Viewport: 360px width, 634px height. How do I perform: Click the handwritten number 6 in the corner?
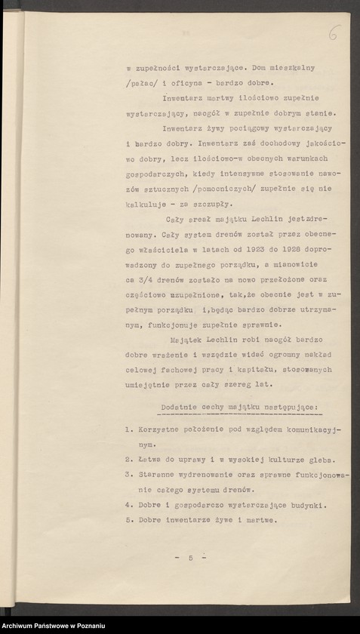point(334,33)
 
